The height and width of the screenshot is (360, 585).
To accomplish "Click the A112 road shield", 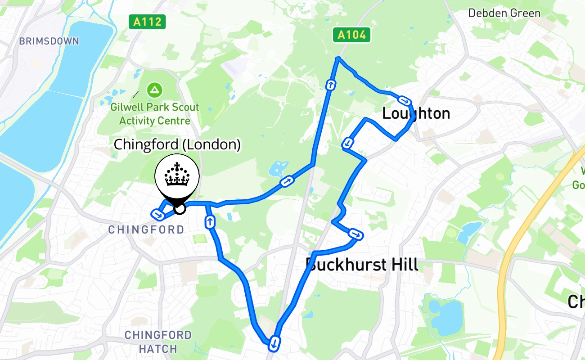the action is click(148, 22).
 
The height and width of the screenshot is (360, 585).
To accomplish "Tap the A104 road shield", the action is click(351, 35).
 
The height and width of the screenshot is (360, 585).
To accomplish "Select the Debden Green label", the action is click(504, 13).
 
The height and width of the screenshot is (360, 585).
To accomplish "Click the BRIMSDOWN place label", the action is click(49, 41).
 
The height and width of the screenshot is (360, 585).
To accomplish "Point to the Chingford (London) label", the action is click(177, 144).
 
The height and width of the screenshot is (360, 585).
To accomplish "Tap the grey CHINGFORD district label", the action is click(146, 229).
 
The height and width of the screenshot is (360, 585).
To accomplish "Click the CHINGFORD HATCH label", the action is click(158, 342).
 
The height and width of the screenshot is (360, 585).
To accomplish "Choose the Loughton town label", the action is click(416, 113).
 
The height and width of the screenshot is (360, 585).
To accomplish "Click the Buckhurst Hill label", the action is click(362, 265).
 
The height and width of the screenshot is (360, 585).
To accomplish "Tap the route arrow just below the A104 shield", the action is click(331, 85).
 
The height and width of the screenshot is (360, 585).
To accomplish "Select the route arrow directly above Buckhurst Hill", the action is click(355, 234).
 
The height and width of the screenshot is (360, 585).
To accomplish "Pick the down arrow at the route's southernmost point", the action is click(274, 344).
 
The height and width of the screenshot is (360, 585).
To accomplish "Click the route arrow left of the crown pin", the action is click(158, 215).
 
